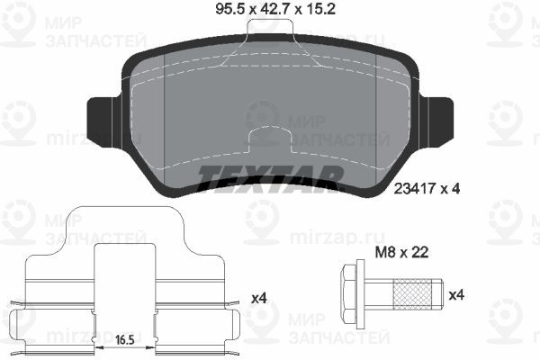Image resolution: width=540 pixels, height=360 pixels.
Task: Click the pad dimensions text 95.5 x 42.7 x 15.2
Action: click(x=275, y=9)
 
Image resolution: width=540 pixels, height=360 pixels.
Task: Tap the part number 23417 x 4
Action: click(x=427, y=189)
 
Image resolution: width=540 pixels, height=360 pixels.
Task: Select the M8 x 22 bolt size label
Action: click(x=401, y=253)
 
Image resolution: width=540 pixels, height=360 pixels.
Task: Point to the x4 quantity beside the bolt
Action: click(x=456, y=295)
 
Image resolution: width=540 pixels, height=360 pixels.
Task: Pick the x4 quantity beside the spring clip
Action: click(x=259, y=298)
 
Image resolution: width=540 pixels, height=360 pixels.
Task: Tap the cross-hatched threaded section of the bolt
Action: click(x=412, y=294)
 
